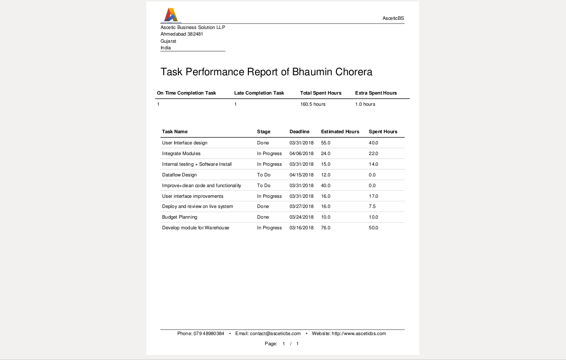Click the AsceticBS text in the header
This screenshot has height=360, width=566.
click(x=393, y=18)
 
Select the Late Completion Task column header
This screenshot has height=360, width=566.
click(x=259, y=93)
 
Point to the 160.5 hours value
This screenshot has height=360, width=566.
click(x=313, y=104)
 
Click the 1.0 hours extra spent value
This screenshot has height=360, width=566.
click(x=365, y=104)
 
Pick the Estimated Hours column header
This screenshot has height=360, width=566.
click(x=340, y=132)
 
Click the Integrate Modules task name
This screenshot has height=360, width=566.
click(x=181, y=154)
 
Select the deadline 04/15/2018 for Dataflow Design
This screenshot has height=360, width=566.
click(x=302, y=175)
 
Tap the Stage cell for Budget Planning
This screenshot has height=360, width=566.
click(x=263, y=217)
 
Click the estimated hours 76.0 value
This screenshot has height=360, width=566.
click(x=326, y=228)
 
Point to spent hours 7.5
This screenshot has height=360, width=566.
click(x=372, y=206)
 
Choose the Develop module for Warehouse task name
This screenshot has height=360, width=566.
click(x=196, y=228)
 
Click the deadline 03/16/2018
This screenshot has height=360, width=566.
click(x=302, y=228)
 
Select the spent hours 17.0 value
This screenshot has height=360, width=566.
click(x=373, y=196)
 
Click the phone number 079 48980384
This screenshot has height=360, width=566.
click(x=209, y=334)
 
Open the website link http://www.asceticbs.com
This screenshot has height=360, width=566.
click(x=359, y=334)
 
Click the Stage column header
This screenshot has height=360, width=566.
click(x=264, y=132)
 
